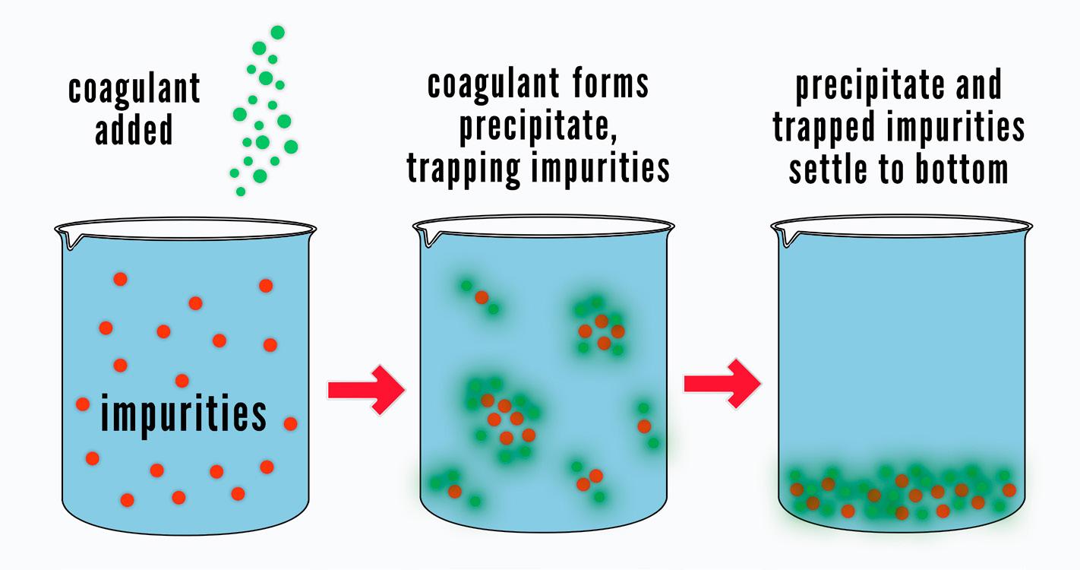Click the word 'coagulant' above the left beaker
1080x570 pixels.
134,89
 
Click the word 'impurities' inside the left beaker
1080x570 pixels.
184,415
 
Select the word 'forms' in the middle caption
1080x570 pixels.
609,84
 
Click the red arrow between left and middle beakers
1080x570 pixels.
367,390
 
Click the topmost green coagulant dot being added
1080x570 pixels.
277,32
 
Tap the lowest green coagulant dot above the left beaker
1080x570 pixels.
241,192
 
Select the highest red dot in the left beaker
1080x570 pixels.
120,279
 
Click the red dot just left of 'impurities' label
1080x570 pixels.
83,404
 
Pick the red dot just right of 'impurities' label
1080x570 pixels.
290,423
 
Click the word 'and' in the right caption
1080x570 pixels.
974,85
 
